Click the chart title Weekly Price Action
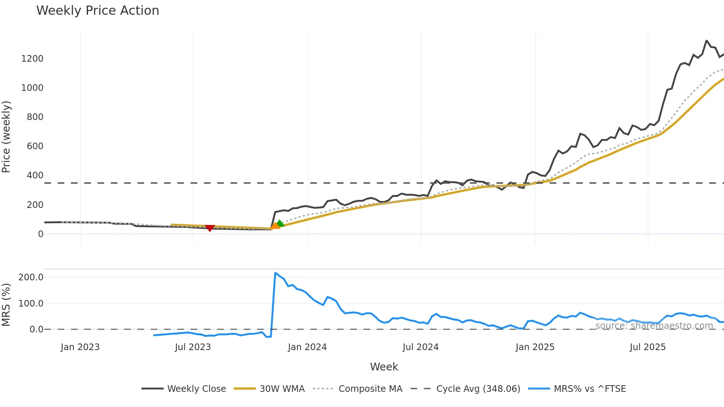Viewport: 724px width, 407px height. click(x=98, y=11)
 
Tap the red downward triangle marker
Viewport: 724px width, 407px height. click(x=210, y=228)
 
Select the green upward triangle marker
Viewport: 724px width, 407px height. click(x=280, y=223)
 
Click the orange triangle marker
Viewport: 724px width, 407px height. click(x=275, y=226)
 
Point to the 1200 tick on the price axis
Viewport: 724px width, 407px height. click(x=33, y=59)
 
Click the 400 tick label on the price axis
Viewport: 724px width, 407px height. click(x=35, y=175)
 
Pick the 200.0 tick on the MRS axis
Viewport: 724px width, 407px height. click(x=31, y=277)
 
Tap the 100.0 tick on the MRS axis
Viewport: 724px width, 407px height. click(x=31, y=304)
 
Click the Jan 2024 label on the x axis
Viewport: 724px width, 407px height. click(x=307, y=347)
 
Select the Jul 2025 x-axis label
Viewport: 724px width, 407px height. click(x=648, y=347)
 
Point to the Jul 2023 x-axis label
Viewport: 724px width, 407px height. click(x=193, y=347)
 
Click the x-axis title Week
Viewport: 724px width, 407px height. click(x=384, y=367)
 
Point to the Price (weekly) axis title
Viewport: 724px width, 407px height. click(x=6, y=137)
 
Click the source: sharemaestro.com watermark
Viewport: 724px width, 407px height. click(x=654, y=326)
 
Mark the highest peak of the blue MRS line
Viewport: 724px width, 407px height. click(x=276, y=273)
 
